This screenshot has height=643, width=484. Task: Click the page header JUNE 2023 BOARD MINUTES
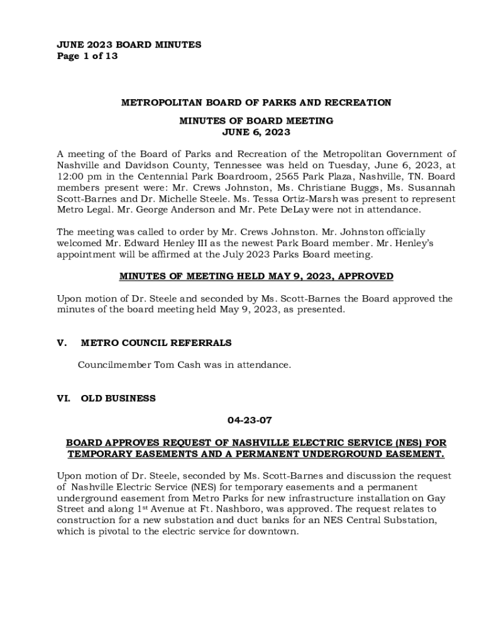(129, 45)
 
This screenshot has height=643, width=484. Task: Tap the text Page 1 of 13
(87, 56)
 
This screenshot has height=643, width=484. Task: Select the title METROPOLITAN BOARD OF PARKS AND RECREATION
(256, 102)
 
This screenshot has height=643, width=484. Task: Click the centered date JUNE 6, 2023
(256, 132)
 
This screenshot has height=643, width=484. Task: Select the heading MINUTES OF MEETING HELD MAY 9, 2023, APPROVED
(256, 276)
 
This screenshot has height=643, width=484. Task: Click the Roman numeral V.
(62, 343)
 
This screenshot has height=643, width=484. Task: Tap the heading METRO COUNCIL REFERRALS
(156, 343)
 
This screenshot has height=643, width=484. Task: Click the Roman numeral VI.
(64, 398)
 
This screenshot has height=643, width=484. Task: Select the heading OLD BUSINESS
(118, 398)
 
